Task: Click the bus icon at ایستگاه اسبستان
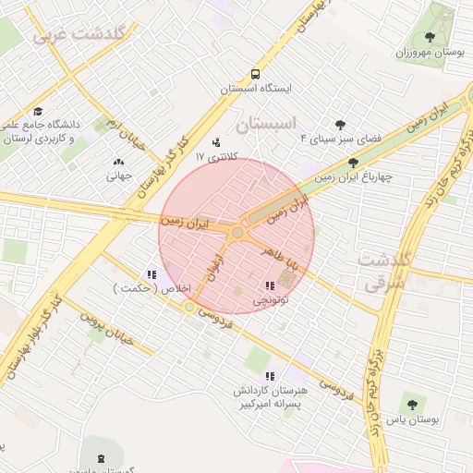pyautogui.click(x=254, y=75)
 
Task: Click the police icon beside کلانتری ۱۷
pyautogui.click(x=216, y=143)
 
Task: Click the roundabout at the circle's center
pyautogui.click(x=237, y=233)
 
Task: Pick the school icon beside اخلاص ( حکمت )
pyautogui.click(x=152, y=274)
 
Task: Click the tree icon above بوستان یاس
pyautogui.click(x=410, y=403)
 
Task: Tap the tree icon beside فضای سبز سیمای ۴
pyautogui.click(x=341, y=124)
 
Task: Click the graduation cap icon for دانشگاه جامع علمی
pyautogui.click(x=37, y=110)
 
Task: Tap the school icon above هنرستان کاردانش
pyautogui.click(x=270, y=376)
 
